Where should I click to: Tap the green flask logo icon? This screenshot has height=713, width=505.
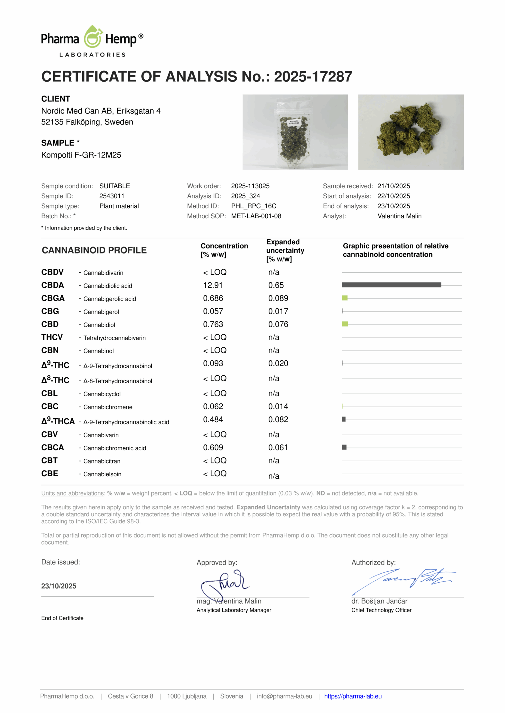(x=93, y=37)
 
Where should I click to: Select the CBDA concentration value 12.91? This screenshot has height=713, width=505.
(x=213, y=285)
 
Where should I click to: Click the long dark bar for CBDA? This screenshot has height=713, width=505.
(x=391, y=285)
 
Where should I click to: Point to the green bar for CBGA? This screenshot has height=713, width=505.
(x=344, y=298)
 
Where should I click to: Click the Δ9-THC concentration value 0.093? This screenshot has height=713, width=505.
(x=213, y=363)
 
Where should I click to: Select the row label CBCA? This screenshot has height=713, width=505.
(x=53, y=448)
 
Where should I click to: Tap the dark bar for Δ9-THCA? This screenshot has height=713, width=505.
(x=344, y=419)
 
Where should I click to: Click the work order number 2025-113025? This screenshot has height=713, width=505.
(x=250, y=186)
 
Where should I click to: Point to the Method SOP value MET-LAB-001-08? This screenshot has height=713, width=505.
(x=256, y=216)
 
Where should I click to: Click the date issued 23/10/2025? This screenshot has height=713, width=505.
(x=59, y=586)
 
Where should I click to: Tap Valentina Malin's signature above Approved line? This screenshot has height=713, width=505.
(x=225, y=584)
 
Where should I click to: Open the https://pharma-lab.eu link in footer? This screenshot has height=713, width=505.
(x=353, y=696)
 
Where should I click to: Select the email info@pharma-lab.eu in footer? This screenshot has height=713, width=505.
(x=284, y=696)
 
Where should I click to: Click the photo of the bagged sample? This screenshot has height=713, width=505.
(x=295, y=132)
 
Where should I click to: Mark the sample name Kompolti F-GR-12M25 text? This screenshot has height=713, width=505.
(x=81, y=155)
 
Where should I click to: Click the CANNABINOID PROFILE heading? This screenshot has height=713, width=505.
(x=94, y=250)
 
